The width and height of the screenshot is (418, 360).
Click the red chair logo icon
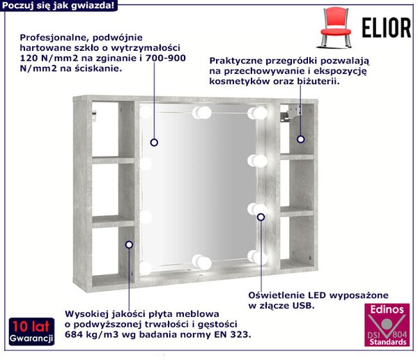coord(336,28)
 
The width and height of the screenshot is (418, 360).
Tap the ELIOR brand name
coord(386,28)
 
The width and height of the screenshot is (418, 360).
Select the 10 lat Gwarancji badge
coord(31,331)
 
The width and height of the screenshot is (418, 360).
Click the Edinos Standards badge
coord(387,324)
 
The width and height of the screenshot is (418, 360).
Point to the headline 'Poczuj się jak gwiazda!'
coord(58,6)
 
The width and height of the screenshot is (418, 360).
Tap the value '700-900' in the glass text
coord(166,58)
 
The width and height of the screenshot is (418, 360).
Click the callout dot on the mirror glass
coord(154,143)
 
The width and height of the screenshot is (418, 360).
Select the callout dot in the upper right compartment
coord(301,139)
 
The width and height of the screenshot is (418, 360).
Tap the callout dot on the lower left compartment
coord(130,244)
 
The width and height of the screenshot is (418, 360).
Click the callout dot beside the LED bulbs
coord(261,217)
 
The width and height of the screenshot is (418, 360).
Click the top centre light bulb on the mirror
coord(202,113)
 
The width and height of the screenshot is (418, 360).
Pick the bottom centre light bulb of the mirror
coord(202,262)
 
